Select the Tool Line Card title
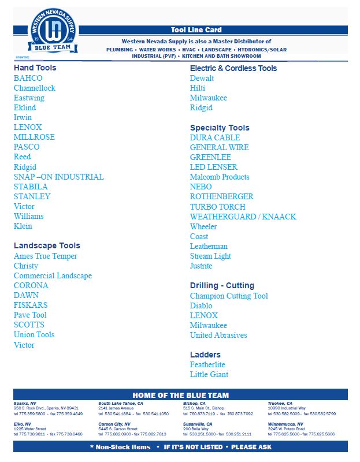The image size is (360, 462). pos(196,29)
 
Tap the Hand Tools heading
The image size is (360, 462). pos(35,68)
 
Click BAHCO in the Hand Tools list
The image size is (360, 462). pos(28,78)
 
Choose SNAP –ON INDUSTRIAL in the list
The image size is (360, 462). pos(59,177)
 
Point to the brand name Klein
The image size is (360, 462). pos(23,226)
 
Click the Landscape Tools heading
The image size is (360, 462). pos(47,245)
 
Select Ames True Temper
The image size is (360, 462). pos(46,256)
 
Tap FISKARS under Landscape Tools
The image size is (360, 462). pos(31,305)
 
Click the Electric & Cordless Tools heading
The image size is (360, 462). pos(233,68)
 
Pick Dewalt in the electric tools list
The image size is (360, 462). pos(202,78)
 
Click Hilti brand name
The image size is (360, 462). pos(198,88)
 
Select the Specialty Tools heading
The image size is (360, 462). pos(220,128)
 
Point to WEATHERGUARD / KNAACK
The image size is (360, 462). pos(243,217)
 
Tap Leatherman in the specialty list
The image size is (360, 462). pos(209,246)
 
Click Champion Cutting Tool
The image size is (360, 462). pos(229,296)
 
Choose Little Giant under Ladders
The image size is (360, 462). pos(209,374)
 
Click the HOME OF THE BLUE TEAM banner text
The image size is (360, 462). pos(180,395)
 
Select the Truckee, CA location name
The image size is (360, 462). pos(280,404)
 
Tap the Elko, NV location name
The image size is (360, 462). pos(23,424)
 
